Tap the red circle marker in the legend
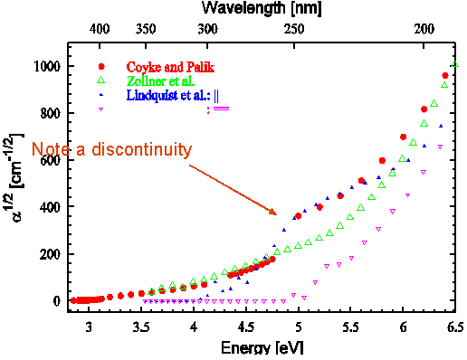102,67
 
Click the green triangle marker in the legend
102,81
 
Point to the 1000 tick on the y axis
48,67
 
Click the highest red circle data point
444,75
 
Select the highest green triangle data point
455,65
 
